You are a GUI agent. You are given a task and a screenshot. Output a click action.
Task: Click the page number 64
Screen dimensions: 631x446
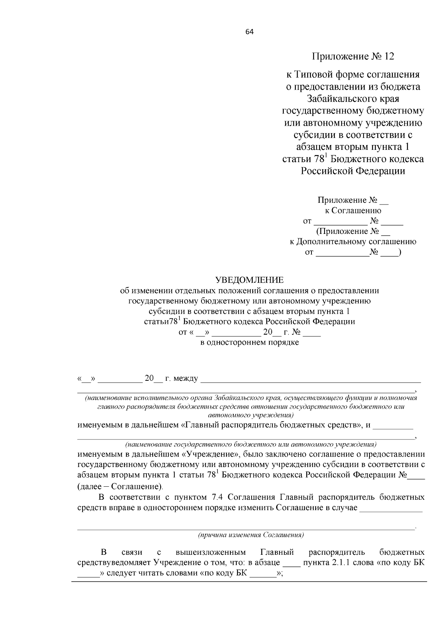pos(249,32)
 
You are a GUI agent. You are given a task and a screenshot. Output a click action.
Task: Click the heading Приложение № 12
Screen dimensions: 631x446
pos(353,57)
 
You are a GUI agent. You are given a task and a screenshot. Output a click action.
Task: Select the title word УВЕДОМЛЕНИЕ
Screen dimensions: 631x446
pos(249,280)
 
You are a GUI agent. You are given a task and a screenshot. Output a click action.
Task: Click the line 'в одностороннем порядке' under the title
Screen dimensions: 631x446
pos(249,342)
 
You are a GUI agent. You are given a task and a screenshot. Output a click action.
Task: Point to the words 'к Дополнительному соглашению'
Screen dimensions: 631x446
pos(353,242)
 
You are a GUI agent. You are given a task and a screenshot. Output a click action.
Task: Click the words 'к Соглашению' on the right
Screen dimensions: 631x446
pos(353,210)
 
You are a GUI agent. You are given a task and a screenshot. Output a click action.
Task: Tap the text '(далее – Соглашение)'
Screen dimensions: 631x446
pos(120,486)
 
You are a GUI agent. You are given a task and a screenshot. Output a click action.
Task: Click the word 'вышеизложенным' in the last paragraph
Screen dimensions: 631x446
pos(211,552)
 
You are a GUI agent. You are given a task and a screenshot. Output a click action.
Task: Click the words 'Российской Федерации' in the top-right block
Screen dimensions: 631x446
pos(353,171)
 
